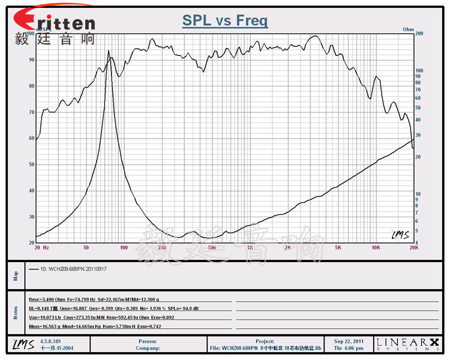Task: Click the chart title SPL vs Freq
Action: (x=225, y=21)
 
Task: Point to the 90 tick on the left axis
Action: (x=31, y=59)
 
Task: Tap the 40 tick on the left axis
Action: (x=31, y=191)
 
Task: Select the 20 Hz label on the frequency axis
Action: (x=41, y=247)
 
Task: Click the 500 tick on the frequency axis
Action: (x=211, y=247)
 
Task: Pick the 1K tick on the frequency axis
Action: (x=250, y=247)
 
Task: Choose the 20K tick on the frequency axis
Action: (x=413, y=247)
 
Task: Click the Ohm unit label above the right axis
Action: (x=408, y=29)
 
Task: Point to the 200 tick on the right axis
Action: (x=419, y=34)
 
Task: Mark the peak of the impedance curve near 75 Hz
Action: (x=109, y=51)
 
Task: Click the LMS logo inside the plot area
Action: (x=400, y=235)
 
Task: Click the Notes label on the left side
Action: (x=16, y=312)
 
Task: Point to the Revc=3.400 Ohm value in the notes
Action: (x=49, y=298)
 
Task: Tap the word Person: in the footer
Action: (x=148, y=341)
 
